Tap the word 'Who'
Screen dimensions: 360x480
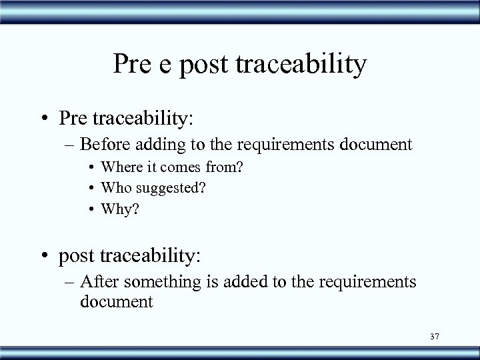pos(113,189)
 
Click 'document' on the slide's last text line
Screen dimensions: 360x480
pos(116,301)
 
